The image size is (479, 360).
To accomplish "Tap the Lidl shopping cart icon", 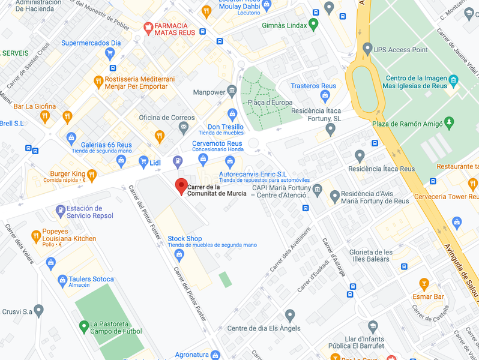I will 143,161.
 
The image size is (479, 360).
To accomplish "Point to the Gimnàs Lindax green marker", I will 312,25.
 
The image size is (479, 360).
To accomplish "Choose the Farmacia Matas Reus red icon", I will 148,27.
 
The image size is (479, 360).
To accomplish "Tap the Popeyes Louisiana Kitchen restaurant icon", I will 36,235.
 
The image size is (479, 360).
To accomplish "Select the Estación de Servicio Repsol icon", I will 60,211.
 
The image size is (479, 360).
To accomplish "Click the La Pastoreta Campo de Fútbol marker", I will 84,326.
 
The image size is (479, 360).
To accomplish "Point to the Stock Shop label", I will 185,239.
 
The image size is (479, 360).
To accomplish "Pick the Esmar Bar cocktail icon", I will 424,283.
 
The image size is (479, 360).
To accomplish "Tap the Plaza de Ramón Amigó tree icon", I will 448,124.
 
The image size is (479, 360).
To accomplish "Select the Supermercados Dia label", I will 91,43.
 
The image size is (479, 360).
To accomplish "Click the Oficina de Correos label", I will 167,118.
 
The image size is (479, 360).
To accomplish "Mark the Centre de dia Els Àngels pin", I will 290,314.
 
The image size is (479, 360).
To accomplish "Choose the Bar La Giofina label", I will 35,107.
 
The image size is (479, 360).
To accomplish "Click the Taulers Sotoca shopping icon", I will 62,280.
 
